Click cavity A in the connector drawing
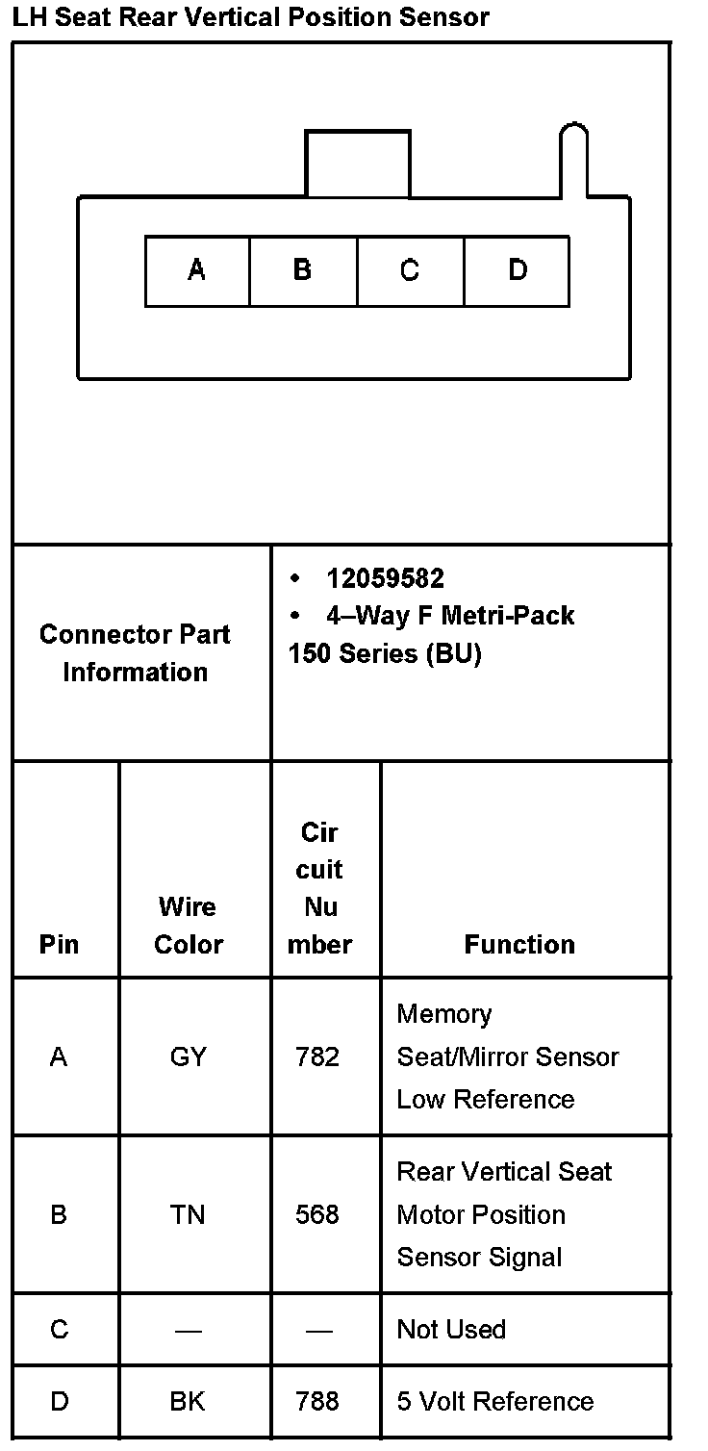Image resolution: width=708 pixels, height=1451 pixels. (x=197, y=271)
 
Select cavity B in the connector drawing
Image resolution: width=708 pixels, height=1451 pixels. (x=303, y=271)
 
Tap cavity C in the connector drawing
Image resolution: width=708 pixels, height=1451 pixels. (x=410, y=271)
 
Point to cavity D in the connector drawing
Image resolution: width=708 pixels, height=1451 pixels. (x=517, y=271)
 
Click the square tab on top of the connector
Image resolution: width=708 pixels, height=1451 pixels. (x=358, y=165)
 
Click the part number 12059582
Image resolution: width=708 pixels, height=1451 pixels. (x=385, y=578)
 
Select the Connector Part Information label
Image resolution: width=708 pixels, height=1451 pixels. (x=135, y=653)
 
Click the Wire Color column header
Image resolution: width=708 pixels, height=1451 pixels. (x=189, y=926)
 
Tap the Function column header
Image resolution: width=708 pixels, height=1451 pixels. (x=519, y=945)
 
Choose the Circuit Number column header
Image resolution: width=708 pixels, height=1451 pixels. (x=319, y=888)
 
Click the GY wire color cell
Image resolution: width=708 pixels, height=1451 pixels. (x=188, y=1057)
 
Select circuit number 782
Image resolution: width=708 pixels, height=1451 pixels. (x=317, y=1057)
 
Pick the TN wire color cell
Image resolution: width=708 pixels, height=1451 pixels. (x=188, y=1215)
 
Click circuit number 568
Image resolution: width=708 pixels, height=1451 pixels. (x=317, y=1215)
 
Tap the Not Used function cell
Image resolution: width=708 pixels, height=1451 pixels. (x=451, y=1330)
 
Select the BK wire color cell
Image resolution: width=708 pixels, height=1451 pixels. (x=188, y=1402)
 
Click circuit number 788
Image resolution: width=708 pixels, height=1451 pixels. (x=317, y=1402)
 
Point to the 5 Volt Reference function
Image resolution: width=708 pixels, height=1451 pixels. (x=495, y=1402)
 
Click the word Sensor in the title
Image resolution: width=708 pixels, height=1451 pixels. (x=444, y=17)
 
